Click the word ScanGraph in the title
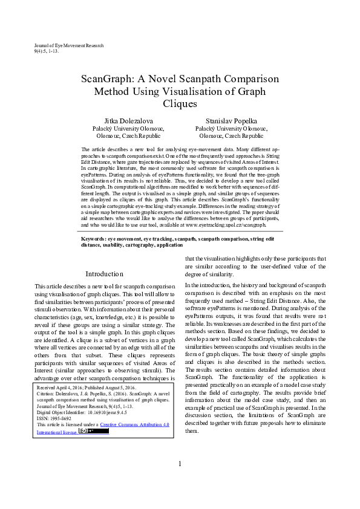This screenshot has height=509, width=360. tap(107, 79)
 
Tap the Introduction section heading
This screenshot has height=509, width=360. tap(104, 273)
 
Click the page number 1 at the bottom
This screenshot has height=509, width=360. tap(180, 481)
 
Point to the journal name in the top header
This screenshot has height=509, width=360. tap(69, 46)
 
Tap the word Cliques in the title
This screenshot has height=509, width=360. tap(180, 103)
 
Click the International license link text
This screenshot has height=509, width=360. tap(53, 432)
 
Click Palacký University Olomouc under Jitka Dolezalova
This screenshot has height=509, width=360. tap(128, 129)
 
